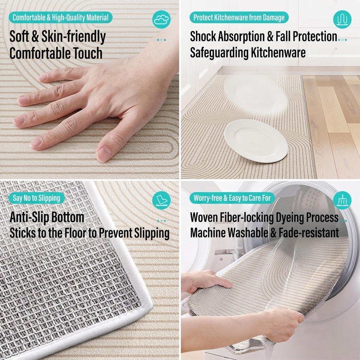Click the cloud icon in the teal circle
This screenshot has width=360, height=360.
click(161, 19)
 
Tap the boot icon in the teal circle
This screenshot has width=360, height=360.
click(161, 200)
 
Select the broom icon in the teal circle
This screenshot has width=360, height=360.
click(342, 200)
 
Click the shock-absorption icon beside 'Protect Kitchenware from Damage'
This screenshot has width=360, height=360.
click(342, 19)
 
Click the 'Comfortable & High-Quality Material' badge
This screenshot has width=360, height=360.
click(60, 18)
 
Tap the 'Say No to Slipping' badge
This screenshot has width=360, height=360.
click(37, 198)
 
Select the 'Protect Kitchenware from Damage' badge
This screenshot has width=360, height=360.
click(239, 18)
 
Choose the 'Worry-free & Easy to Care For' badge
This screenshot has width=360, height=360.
click(232, 198)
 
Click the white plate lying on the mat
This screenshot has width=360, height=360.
click(256, 141)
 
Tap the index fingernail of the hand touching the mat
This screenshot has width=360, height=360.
click(23, 100)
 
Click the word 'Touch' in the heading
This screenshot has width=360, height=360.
click(88, 53)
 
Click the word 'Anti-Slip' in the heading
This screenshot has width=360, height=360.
click(30, 217)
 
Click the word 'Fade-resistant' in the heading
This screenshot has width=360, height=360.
click(309, 233)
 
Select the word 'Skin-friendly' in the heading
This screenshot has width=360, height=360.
click(73, 37)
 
